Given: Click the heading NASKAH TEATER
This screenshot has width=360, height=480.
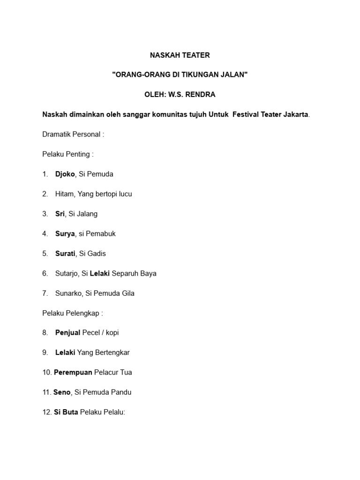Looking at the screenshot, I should click(180, 55).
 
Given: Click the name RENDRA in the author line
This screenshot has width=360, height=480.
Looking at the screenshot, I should click(201, 95).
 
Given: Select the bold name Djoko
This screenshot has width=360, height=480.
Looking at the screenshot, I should click(65, 174).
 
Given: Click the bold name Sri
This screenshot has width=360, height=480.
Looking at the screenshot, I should click(60, 214).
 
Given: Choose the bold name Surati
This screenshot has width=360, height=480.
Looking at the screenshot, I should click(65, 254).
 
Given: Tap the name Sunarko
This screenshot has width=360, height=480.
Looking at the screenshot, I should click(68, 293).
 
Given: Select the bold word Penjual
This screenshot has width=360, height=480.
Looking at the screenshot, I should click(68, 333).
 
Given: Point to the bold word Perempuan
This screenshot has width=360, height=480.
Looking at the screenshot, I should click(73, 373).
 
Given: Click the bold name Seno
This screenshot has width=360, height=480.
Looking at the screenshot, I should click(62, 392).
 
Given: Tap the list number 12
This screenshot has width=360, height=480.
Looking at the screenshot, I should click(46, 412).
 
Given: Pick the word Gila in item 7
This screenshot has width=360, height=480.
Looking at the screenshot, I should click(127, 293).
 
